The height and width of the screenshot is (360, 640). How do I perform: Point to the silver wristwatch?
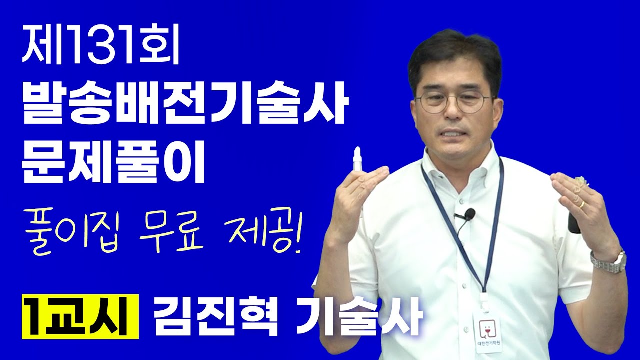coord(608,261)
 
